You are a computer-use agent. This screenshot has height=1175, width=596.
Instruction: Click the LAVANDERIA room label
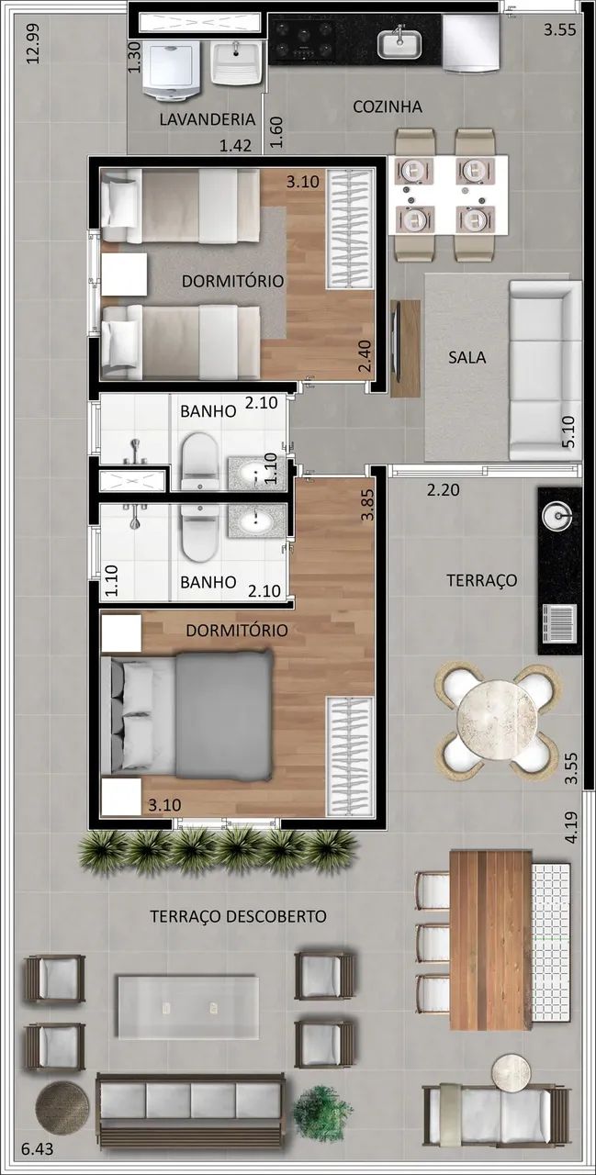[x=208, y=119]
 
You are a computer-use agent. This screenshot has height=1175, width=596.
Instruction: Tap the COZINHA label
[x=388, y=106]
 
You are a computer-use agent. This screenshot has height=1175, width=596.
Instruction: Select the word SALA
[x=467, y=358]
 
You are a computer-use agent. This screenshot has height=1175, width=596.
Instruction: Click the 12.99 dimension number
[x=33, y=43]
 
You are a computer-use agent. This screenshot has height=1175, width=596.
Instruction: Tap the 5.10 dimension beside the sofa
[x=568, y=431]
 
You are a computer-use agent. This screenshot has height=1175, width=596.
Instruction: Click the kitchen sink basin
[x=399, y=45]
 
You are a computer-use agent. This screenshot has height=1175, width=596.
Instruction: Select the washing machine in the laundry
[x=172, y=71]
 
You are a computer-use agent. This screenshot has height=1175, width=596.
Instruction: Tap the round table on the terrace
[x=497, y=721]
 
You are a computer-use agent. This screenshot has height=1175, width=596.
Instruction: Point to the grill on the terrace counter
[x=558, y=623]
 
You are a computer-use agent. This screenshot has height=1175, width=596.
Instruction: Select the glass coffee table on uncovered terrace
[x=188, y=1007]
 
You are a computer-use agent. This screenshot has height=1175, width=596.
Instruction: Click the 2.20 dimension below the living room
[x=443, y=490]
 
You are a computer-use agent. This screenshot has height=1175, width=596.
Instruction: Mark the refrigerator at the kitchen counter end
[x=470, y=42]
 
